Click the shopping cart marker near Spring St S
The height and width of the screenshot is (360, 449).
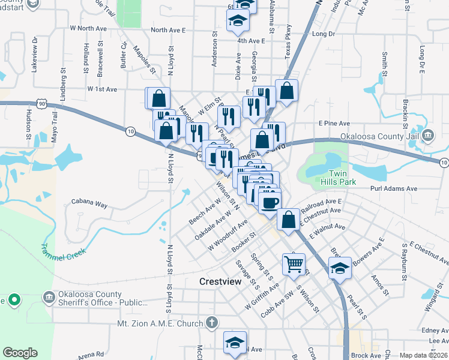(x=294, y=263)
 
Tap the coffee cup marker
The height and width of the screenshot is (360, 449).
(x=270, y=201)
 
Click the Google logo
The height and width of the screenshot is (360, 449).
(x=20, y=353)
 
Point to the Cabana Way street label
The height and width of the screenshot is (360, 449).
(x=89, y=204)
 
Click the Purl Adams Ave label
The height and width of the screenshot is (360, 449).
(x=394, y=188)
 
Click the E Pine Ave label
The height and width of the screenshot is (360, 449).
(x=334, y=123)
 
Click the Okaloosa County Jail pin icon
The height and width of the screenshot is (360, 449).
(x=427, y=135)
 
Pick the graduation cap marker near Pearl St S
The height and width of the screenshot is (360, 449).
(x=339, y=268)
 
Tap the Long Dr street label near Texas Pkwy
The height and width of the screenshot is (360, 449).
(x=323, y=34)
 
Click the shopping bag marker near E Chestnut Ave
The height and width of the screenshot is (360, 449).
(x=288, y=219)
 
